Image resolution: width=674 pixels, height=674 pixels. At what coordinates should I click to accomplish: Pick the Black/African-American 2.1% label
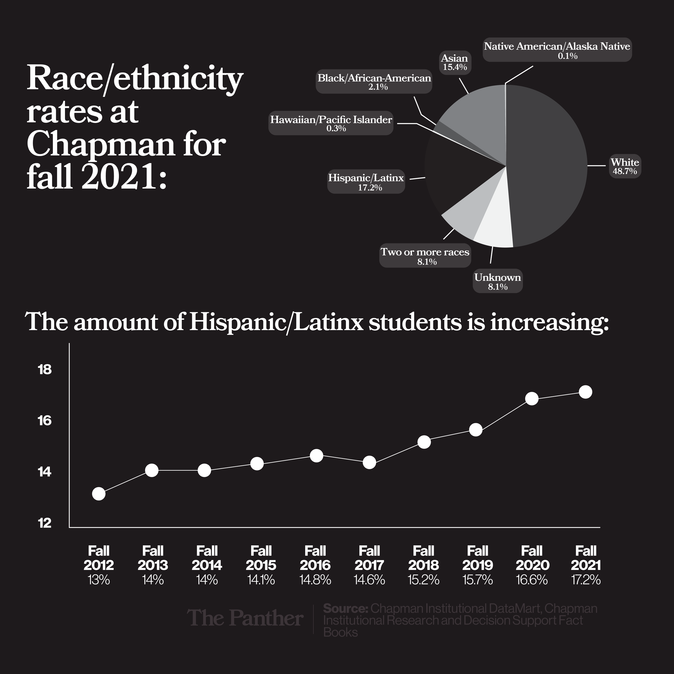pyautogui.click(x=374, y=82)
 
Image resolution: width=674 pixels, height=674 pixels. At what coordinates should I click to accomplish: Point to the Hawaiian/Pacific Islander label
pyautogui.click(x=331, y=123)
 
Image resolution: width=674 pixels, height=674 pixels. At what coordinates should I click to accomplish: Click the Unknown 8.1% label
pyautogui.click(x=497, y=281)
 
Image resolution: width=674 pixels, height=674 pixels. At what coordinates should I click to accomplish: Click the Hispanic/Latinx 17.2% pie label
pyautogui.click(x=366, y=182)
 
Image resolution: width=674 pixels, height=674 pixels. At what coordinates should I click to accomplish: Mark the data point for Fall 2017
pyautogui.click(x=369, y=463)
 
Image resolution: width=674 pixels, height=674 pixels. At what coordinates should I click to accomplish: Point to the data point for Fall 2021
pyautogui.click(x=585, y=392)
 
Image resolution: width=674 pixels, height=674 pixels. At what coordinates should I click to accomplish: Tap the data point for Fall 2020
pyautogui.click(x=532, y=399)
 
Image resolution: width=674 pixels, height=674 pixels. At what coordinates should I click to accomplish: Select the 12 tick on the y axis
pyautogui.click(x=45, y=523)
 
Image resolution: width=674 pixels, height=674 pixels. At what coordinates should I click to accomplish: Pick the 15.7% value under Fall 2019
pyautogui.click(x=477, y=580)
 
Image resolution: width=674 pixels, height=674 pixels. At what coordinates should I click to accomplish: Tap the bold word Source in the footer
pyautogui.click(x=345, y=608)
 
